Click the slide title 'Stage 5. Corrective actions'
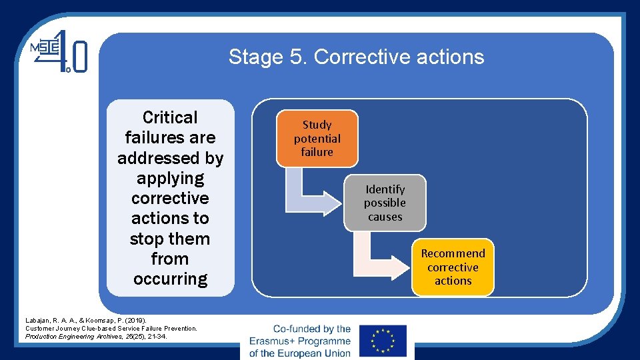356,57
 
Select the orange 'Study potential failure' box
317,139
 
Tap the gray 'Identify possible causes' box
385,203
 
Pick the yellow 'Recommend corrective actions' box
453,267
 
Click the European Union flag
382,341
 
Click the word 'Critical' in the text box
170,117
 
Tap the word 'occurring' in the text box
170,279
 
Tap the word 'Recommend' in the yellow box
453,253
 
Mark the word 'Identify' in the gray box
385,189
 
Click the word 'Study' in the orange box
317,125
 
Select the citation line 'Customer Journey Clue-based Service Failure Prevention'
111,329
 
